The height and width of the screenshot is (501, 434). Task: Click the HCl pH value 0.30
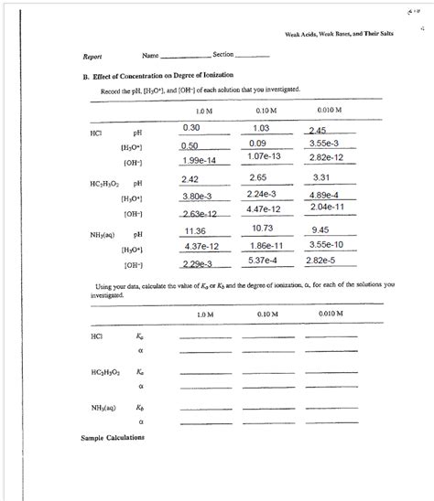[191, 128]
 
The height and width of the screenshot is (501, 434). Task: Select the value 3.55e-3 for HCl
[325, 144]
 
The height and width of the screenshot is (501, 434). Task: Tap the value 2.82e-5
[322, 261]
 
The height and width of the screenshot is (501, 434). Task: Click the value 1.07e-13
[264, 160]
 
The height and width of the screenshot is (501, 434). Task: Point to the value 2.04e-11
[328, 208]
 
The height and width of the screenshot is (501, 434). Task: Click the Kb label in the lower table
[140, 407]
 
